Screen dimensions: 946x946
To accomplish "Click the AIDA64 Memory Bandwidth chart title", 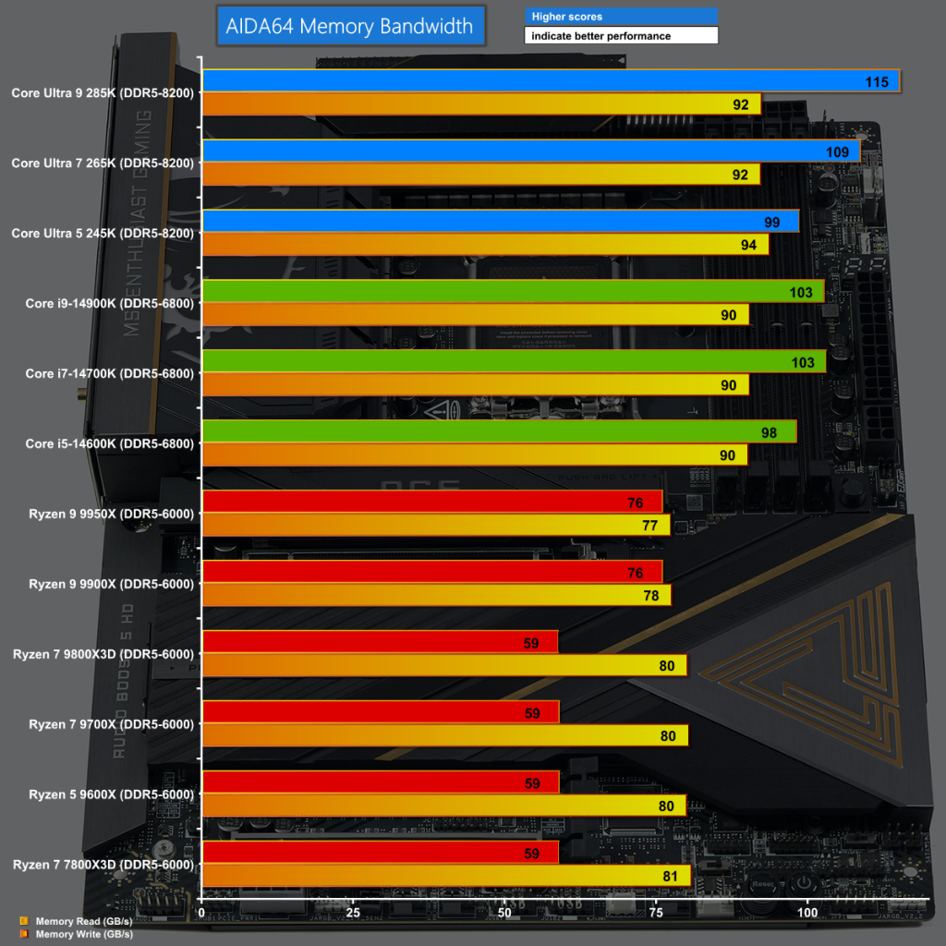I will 349,26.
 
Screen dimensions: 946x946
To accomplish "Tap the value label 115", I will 877,82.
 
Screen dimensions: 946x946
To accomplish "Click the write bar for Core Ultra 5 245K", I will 485,244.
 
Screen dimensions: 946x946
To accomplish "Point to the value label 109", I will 837,152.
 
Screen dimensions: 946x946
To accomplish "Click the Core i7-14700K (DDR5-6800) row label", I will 109,373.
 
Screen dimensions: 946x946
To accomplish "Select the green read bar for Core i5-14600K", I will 499,431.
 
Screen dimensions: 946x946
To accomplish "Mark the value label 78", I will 651,596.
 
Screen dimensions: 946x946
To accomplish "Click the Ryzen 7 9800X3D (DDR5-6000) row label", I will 103,654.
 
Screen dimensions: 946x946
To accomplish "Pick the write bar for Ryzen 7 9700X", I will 444,735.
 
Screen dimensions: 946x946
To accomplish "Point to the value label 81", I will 671,877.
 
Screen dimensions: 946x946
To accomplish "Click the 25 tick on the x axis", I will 353,913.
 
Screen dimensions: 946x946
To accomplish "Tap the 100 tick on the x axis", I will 807,913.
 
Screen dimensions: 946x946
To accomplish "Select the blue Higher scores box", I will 621,17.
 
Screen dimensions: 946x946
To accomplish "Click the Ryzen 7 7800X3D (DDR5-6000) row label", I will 103,865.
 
